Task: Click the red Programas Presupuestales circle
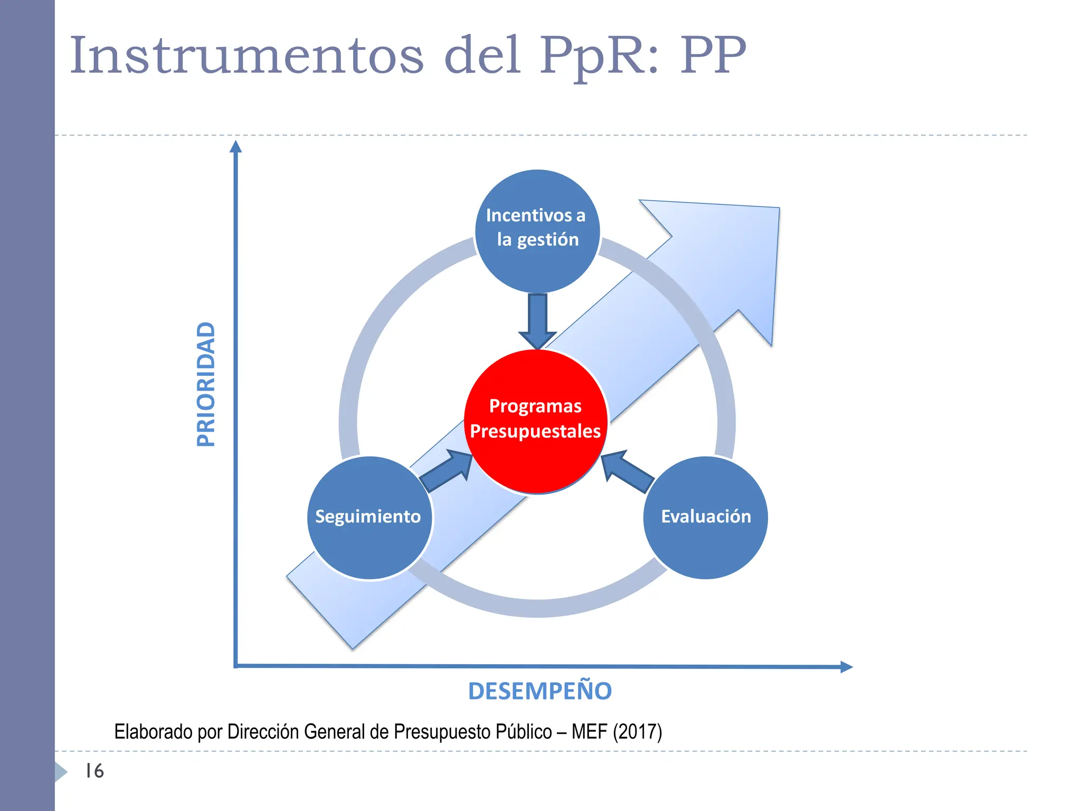point(536,421)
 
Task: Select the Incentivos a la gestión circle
point(537,231)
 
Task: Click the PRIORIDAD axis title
point(206,384)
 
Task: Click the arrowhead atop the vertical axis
point(236,146)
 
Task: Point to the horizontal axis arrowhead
point(846,667)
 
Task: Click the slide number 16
point(95,771)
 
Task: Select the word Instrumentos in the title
point(246,56)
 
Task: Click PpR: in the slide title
point(600,56)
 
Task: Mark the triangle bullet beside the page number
point(61,772)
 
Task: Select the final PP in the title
point(713,56)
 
